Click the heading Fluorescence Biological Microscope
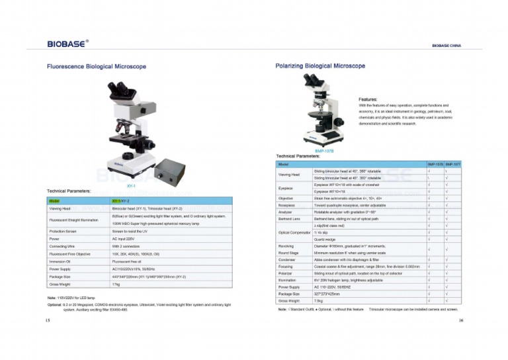point(96,67)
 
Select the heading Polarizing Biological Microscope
point(320,66)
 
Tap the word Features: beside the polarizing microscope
point(368,99)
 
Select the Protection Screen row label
point(63,231)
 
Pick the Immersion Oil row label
point(60,260)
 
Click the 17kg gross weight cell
point(116,284)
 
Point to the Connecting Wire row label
point(62,246)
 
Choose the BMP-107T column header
point(452,163)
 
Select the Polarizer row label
point(285,272)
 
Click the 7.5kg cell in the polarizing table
point(319,300)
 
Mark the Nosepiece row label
point(286,204)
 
